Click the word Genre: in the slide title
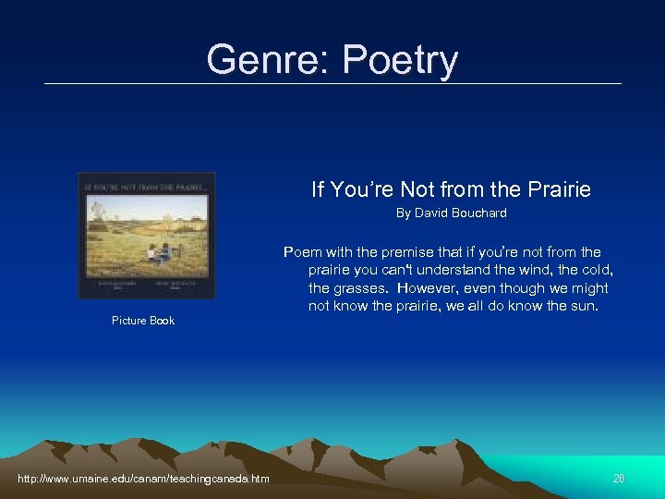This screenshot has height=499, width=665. coord(269,60)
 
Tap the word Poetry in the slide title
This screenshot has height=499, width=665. coord(399,61)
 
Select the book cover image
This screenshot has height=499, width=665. coord(147,235)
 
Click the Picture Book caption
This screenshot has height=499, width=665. coord(143,321)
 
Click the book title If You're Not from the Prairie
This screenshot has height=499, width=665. coord(451,189)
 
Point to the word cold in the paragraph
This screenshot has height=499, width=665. coord(596,270)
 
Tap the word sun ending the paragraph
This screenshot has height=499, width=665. coord(585,305)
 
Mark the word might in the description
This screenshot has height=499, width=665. coord(589,287)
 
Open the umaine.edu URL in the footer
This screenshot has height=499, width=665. coord(143,478)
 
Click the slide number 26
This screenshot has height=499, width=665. coord(619,478)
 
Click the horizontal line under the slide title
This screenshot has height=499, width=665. coord(332,84)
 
